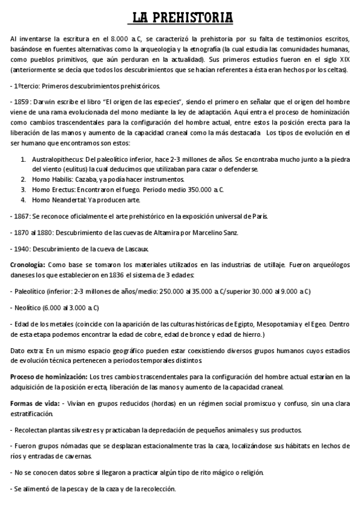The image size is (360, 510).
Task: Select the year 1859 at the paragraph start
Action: (20, 100)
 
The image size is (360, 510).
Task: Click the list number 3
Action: (23, 189)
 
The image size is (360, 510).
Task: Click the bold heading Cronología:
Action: (28, 265)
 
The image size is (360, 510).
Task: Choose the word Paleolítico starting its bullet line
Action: (31, 291)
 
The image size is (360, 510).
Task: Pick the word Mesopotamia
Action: (264, 324)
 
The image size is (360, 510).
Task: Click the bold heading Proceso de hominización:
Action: (48, 376)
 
